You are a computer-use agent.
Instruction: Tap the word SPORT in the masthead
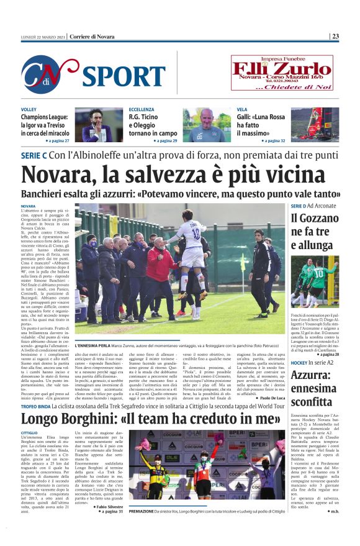pyautogui.click(x=122, y=76)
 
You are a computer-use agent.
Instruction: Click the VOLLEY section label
pyautogui.click(x=29, y=109)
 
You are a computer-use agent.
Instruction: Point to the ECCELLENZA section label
pyautogui.click(x=142, y=109)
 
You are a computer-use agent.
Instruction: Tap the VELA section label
pyautogui.click(x=241, y=109)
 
